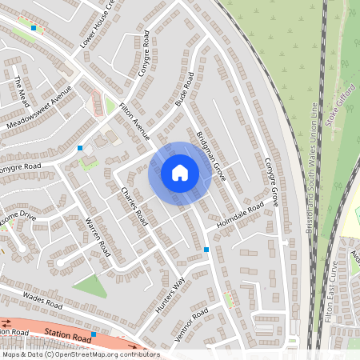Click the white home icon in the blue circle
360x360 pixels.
180,172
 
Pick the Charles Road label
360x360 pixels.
134,206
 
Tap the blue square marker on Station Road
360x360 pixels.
94,334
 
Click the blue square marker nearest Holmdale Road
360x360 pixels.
206,250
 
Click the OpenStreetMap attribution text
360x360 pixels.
80,354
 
